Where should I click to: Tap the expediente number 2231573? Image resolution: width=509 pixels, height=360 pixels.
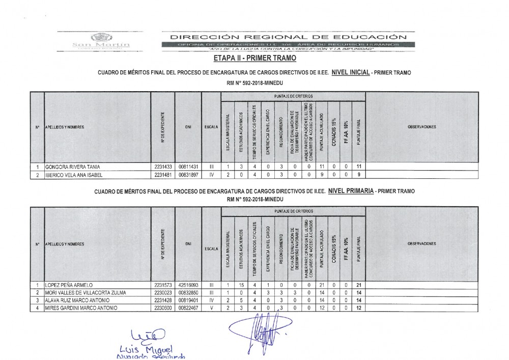tap(163, 285)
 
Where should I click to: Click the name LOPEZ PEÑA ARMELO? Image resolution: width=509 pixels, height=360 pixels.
tap(69, 285)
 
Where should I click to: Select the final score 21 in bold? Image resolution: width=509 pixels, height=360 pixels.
tap(359, 285)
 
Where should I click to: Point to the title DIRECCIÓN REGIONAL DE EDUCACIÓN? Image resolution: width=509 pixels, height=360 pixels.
tap(289, 37)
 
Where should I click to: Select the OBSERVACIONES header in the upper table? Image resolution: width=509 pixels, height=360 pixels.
tap(422, 126)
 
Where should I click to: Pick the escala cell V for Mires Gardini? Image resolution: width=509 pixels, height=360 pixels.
tap(211, 308)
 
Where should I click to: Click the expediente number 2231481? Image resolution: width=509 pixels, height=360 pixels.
tap(163, 175)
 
